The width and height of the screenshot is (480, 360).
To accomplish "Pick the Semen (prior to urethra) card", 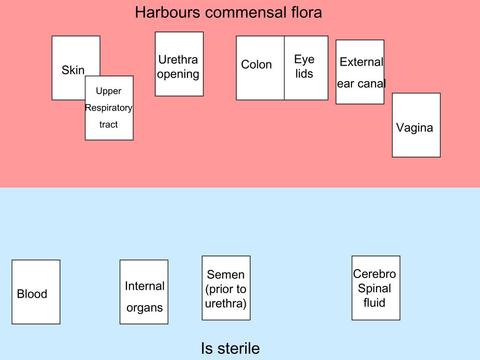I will coord(225,288).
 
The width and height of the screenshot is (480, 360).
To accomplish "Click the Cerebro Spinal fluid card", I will coord(375,288).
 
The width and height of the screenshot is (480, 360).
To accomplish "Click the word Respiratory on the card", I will coord(109,108).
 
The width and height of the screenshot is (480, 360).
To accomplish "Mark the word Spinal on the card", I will coord(375,288).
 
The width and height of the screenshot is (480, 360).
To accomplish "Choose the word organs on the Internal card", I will coord(144,308).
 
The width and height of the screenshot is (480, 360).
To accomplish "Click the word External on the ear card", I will coord(361,62).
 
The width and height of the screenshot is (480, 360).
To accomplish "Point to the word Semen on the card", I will coord(225,275).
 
